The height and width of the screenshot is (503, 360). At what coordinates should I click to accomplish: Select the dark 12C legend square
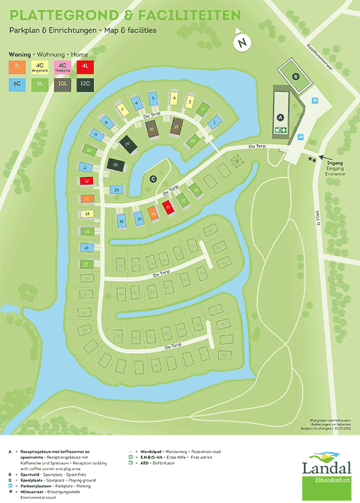(85, 84)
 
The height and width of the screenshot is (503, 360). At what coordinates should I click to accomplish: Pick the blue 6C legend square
(16, 84)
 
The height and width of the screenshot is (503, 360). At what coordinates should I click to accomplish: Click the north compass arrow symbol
(242, 42)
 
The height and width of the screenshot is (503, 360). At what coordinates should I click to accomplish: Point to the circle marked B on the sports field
(296, 77)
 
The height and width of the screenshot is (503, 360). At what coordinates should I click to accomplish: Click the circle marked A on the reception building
(280, 117)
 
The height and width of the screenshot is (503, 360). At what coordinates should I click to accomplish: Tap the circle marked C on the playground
(153, 178)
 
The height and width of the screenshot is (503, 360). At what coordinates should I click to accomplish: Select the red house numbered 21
(168, 208)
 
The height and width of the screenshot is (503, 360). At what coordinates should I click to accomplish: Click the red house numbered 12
(87, 182)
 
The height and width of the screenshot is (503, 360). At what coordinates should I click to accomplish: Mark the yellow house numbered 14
(87, 214)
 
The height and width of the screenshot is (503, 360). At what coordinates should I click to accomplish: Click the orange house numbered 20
(153, 214)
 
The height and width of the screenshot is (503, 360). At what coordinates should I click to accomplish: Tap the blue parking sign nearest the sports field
(314, 101)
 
